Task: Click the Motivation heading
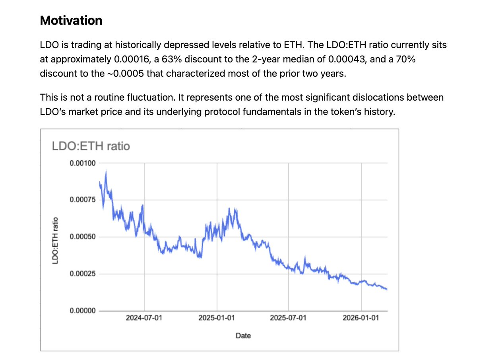(x=71, y=20)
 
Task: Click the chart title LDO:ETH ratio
(x=91, y=146)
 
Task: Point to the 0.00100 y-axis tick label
(x=82, y=163)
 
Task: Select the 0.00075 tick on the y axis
(x=82, y=200)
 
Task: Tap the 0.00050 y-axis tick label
(x=82, y=237)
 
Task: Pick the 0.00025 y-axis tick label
(x=82, y=274)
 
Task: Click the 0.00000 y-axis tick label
(x=82, y=311)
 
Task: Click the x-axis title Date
(x=243, y=336)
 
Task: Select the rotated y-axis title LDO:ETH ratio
(x=56, y=240)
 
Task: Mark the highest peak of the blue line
(x=106, y=171)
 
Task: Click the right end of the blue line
(x=387, y=289)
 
